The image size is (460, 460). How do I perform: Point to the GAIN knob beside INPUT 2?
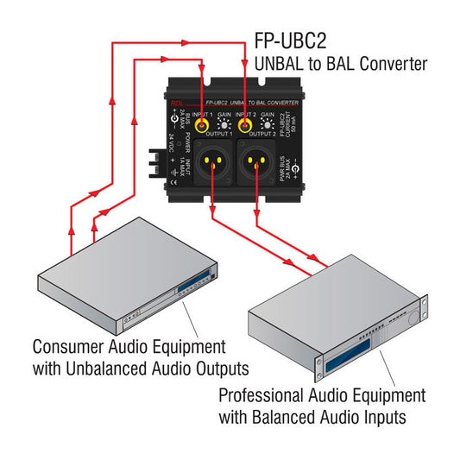click(267, 126)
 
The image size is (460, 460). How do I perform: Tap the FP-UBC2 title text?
click(290, 41)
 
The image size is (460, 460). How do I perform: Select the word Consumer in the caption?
click(66, 348)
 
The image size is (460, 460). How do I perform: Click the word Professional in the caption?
click(260, 396)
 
